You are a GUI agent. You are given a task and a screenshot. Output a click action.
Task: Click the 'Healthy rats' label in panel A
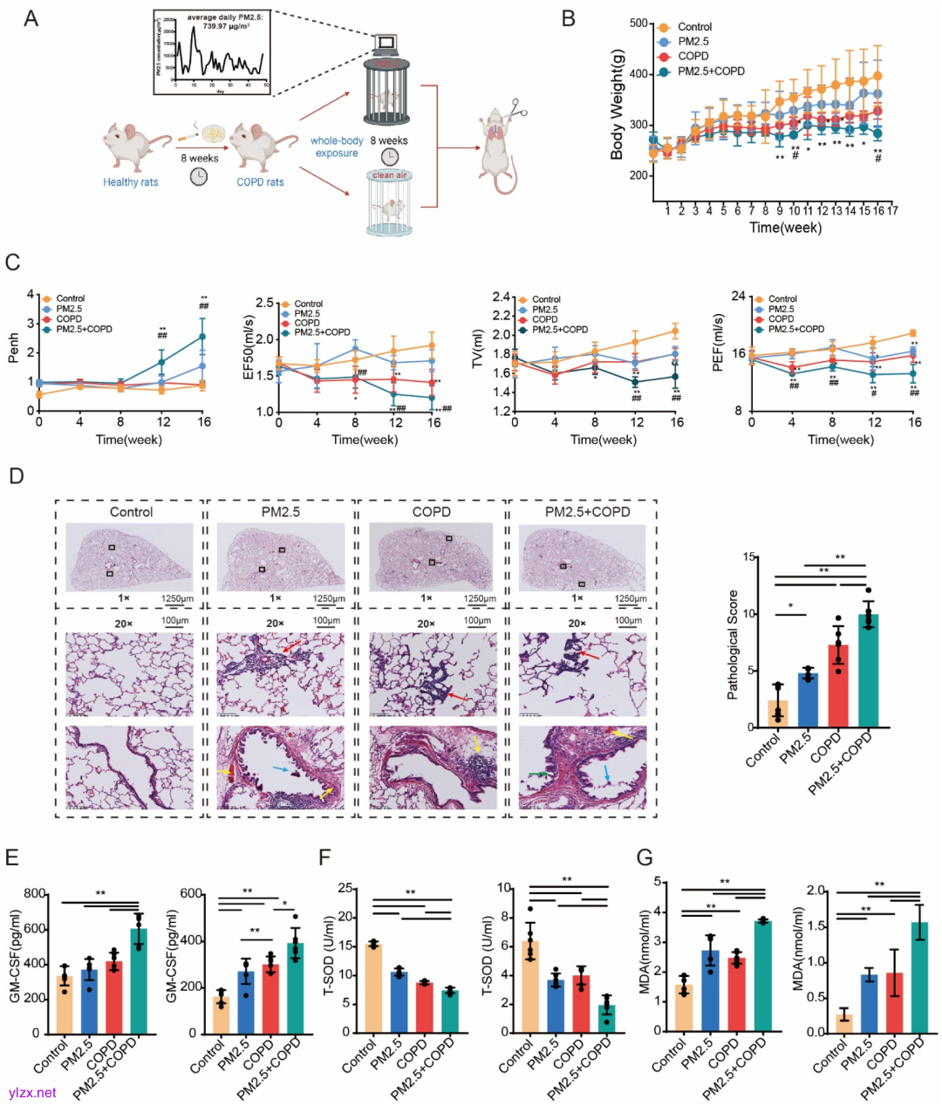point(131,182)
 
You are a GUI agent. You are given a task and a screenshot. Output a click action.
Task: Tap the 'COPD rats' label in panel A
point(260,182)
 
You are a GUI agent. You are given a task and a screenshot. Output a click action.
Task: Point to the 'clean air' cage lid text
point(389,175)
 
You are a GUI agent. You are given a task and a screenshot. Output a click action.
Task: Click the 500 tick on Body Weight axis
point(638,24)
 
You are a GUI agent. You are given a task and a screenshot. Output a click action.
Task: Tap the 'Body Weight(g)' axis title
point(618,104)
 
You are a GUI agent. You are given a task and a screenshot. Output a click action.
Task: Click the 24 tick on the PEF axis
point(738,297)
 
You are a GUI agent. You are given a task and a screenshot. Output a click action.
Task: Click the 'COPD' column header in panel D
point(431,512)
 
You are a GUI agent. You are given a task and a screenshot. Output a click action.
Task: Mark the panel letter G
point(645,857)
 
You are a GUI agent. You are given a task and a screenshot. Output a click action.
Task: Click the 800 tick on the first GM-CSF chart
point(36,894)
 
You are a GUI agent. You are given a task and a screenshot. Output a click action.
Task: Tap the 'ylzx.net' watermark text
point(32,1092)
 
